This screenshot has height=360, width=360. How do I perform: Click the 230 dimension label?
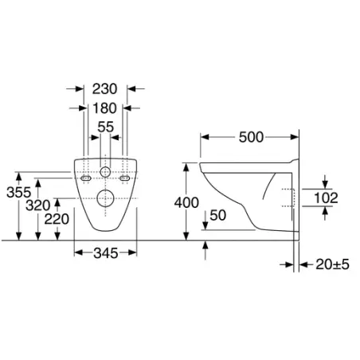click(x=104, y=89)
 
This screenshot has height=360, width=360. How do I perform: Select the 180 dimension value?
click(x=104, y=108)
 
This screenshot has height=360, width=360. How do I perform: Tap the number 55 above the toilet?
click(x=105, y=127)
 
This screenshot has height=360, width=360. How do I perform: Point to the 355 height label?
click(x=18, y=192)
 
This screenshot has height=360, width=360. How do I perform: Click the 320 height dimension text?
click(x=38, y=205)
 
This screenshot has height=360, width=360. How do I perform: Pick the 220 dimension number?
click(x=57, y=219)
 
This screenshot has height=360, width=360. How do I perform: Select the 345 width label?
click(x=106, y=253)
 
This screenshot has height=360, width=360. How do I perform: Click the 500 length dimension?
click(x=251, y=137)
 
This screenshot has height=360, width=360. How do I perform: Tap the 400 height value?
click(x=186, y=203)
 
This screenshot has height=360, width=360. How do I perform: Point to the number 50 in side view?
click(x=218, y=215)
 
